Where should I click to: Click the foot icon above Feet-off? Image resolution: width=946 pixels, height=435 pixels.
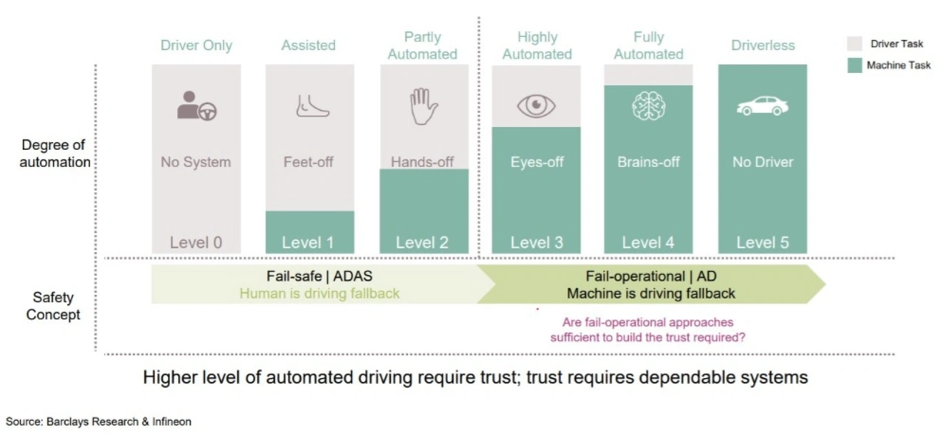click(x=313, y=106)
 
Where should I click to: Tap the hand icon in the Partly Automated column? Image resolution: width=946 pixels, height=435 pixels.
click(x=423, y=106)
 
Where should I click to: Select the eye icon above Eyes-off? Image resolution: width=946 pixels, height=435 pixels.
click(x=536, y=106)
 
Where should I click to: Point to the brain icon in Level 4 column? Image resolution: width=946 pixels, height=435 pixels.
click(x=649, y=106)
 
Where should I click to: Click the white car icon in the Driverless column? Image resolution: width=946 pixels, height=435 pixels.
click(x=762, y=106)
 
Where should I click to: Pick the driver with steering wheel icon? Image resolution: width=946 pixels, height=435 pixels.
click(x=197, y=106)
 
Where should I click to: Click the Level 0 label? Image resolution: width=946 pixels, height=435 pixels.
click(x=196, y=242)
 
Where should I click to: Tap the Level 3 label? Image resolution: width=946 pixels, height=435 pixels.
click(x=537, y=242)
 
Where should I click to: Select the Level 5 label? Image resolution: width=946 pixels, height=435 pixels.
click(x=763, y=242)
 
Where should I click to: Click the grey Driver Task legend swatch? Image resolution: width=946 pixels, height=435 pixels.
click(x=854, y=44)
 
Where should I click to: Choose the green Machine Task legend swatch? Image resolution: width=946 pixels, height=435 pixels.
click(x=854, y=66)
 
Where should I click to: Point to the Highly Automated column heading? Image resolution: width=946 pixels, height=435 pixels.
click(x=537, y=46)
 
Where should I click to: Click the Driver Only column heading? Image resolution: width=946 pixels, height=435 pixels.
click(x=197, y=45)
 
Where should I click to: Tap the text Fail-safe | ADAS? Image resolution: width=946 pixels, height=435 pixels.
click(x=319, y=276)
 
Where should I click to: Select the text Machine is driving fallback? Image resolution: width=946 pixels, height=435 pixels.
click(x=651, y=293)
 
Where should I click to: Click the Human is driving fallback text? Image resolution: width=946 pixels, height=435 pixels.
click(x=319, y=293)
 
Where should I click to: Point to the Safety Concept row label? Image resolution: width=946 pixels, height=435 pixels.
click(x=53, y=306)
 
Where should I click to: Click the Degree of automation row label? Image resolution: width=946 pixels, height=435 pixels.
click(x=55, y=153)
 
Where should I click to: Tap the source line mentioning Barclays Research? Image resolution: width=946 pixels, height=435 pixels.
click(x=98, y=422)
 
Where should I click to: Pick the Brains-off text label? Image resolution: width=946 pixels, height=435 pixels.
click(x=649, y=162)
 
